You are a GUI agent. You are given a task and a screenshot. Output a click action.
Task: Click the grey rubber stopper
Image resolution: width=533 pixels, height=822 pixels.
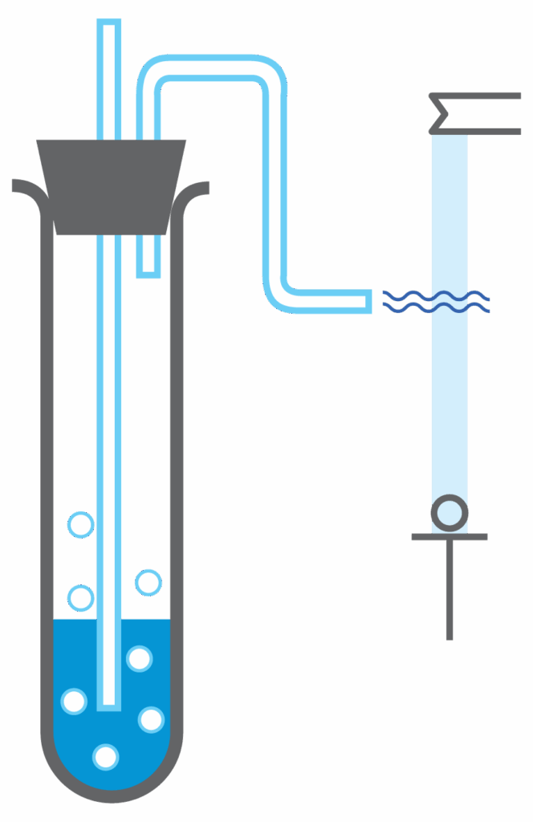112,186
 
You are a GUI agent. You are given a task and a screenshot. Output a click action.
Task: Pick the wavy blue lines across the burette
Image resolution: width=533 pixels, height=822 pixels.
437,301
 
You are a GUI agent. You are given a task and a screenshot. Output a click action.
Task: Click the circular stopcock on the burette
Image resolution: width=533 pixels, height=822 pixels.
449,513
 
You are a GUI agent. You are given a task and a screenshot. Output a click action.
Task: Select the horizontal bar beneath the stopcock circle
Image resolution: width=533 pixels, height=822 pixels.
449,536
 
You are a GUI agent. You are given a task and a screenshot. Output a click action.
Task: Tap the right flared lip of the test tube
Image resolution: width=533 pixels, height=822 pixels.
197,189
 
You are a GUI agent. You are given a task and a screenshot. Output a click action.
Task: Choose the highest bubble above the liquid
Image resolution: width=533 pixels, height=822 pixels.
80,525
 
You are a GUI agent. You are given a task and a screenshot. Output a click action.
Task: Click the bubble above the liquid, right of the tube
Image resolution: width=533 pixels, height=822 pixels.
148,582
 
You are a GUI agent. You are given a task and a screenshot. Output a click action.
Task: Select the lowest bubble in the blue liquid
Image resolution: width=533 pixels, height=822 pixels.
105,756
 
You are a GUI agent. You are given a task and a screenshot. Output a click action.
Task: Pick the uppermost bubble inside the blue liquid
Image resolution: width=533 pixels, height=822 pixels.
139,659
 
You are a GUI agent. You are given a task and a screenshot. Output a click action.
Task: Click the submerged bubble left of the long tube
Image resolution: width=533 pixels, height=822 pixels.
74,701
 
